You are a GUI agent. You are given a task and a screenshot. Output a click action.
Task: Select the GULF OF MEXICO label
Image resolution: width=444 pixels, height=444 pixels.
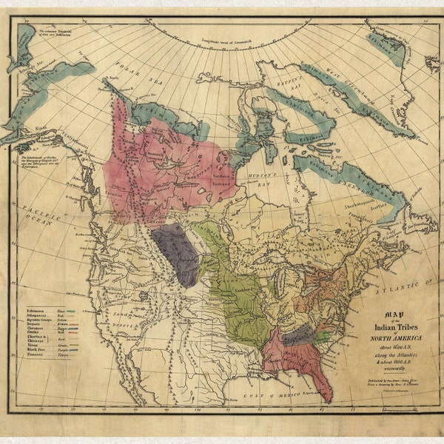[273, 391]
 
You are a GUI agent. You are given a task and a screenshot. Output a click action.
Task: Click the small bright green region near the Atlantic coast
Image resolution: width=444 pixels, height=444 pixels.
[322, 336]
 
